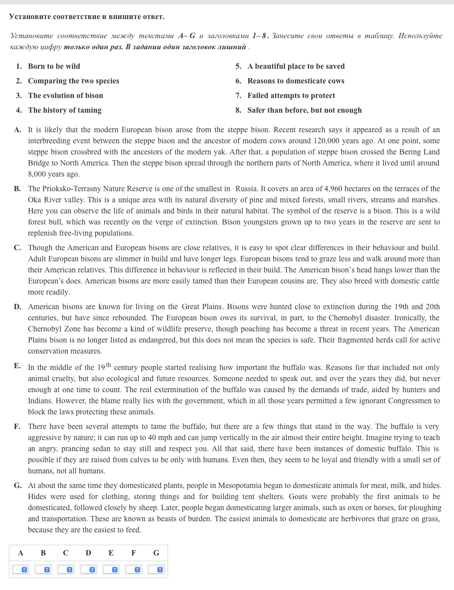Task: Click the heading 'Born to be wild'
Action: tap(54, 66)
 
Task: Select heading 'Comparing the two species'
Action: tap(73, 81)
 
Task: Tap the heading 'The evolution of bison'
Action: tap(65, 95)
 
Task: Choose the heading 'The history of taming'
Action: tap(64, 110)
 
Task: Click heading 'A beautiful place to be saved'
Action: tap(296, 66)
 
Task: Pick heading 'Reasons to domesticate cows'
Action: tap(296, 81)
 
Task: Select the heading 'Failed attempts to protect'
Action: tap(291, 95)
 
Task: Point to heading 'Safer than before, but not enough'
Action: tap(304, 110)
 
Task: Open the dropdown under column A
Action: tap(21, 570)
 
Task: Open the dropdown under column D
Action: tap(89, 570)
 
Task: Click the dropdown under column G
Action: tap(157, 570)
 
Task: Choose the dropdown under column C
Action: tap(66, 570)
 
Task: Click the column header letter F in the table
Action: tap(133, 553)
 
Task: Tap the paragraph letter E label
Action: tap(17, 366)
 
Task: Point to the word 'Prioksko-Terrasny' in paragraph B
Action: tap(77, 189)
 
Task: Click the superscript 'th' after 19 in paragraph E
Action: tap(109, 365)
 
